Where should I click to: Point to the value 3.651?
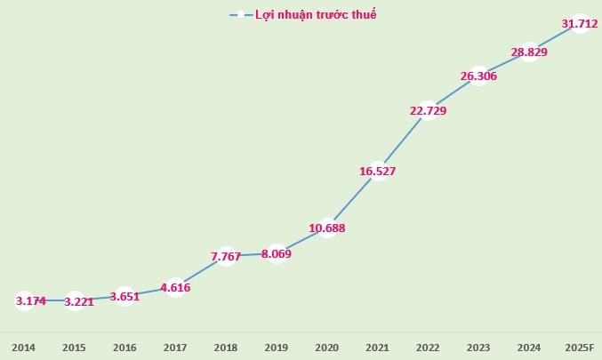coord(125,296)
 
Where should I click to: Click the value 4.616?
coord(176,287)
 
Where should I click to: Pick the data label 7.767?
coord(226,257)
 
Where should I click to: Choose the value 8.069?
coord(277,254)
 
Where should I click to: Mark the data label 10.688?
coord(327,228)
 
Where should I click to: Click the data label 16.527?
coord(377,171)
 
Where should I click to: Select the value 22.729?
coord(428,111)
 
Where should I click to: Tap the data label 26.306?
coord(478,76)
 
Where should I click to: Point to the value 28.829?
coord(529,52)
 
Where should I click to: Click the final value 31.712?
coord(579,24)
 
